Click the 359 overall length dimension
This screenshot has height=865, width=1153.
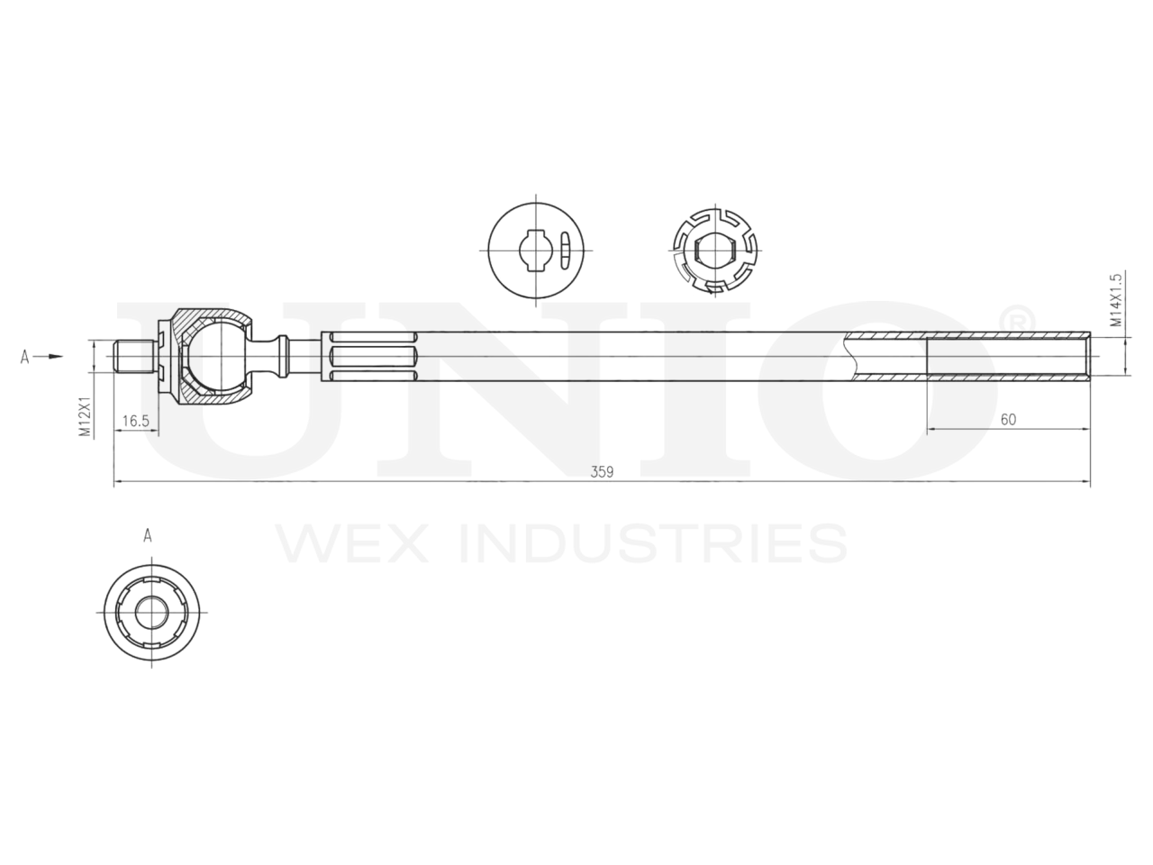[602, 471]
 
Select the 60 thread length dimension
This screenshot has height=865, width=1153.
[1008, 419]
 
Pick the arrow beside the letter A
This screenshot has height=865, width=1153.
[54, 357]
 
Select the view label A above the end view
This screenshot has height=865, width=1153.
[147, 535]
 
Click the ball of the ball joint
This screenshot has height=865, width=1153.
[213, 356]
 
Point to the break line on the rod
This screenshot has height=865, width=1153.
[850, 357]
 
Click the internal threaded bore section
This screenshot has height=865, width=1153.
[1008, 357]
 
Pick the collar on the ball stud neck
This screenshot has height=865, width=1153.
[284, 356]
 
